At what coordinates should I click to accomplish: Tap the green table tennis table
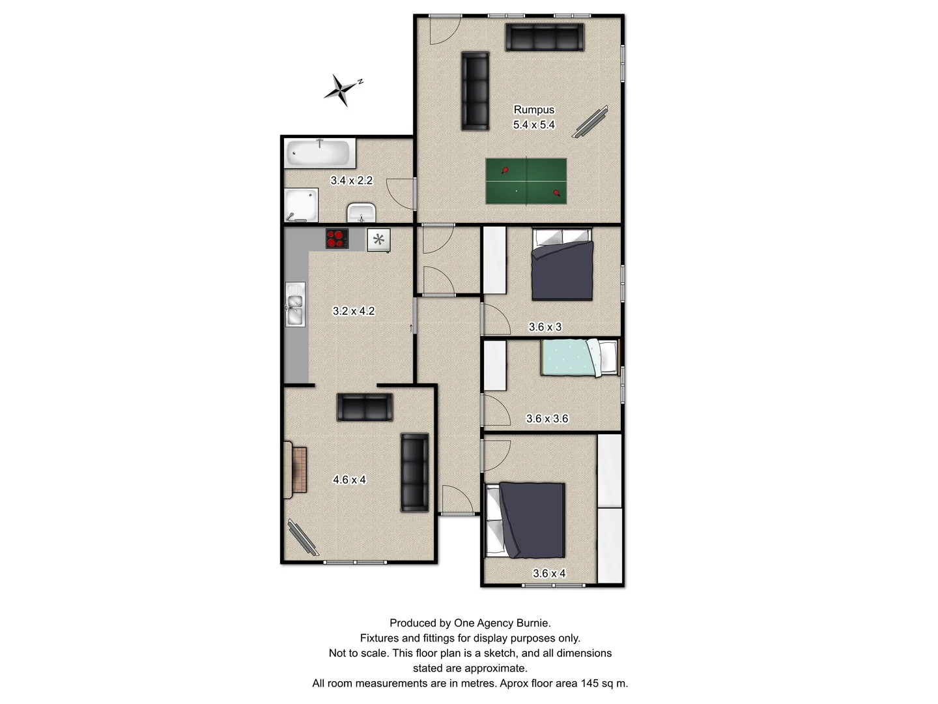526,181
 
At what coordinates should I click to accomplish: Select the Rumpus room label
534,110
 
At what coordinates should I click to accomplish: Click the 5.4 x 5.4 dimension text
534,125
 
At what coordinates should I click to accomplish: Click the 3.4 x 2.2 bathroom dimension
352,181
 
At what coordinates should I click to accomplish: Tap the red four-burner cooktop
337,239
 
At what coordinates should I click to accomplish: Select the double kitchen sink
295,304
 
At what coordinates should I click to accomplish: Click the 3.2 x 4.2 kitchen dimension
354,312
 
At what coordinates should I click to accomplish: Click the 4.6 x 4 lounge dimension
350,480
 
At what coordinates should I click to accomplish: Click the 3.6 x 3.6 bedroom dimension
547,419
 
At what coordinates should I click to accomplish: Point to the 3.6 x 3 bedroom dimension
545,327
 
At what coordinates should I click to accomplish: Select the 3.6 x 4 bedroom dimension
549,574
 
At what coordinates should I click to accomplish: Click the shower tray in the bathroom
302,205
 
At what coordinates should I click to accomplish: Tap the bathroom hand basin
361,212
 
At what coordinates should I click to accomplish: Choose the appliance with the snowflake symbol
378,240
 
